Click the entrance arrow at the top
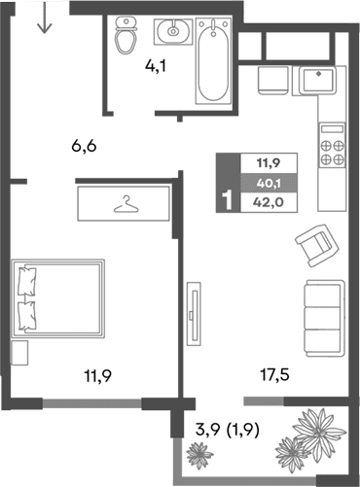coord(43,18)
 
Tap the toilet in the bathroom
coord(126,36)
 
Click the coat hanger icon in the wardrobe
coord(124,205)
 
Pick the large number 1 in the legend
coord(228,201)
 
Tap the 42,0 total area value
coord(265,202)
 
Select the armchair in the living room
coord(313,244)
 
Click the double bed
coord(57,296)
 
